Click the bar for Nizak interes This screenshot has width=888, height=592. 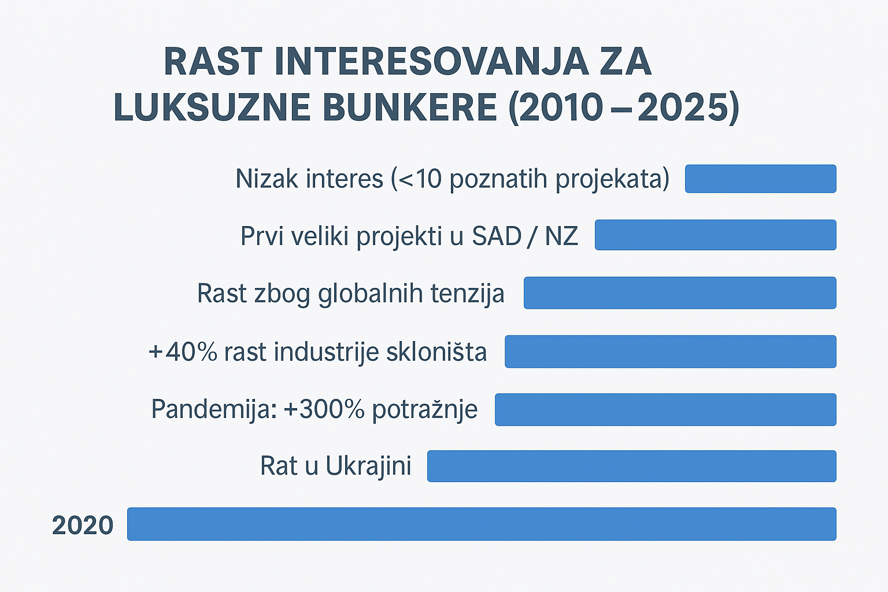[x=760, y=179]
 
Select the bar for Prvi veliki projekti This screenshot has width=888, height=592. [x=715, y=235]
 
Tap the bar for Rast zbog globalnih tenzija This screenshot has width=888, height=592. [x=680, y=293]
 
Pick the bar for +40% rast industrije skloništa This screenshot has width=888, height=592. [x=670, y=351]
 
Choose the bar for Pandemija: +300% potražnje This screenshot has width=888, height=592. [x=665, y=409]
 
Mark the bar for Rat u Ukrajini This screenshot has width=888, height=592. [x=631, y=466]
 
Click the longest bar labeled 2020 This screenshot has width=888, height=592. [x=482, y=524]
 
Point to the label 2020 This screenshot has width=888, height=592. [x=83, y=526]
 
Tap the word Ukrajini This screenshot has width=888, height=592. [x=368, y=466]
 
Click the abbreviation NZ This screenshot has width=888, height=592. [x=561, y=236]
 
